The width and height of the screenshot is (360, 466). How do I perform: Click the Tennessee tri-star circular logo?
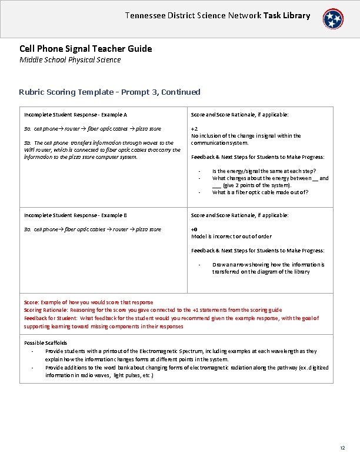[x=333, y=19]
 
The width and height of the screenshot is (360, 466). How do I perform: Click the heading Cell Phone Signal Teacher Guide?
[x=85, y=49]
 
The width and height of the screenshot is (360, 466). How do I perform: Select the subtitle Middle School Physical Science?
[x=70, y=59]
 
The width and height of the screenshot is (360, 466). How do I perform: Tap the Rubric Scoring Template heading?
[x=109, y=92]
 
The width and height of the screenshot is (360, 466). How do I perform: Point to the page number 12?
[x=342, y=448]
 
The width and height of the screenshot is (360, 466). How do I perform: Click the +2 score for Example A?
[x=195, y=128]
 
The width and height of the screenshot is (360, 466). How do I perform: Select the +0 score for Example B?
[x=195, y=229]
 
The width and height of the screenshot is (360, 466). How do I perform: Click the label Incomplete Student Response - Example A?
[x=75, y=115]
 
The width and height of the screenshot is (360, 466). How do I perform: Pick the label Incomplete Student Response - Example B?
[x=75, y=215]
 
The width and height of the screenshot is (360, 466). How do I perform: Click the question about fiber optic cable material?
[x=260, y=192]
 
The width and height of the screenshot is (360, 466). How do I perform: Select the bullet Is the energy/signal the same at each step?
[x=264, y=171]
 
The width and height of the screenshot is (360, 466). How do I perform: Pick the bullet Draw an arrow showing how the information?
[x=268, y=265]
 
